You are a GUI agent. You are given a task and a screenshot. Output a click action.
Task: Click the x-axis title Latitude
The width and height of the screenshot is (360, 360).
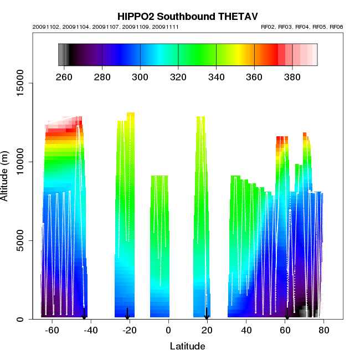[187, 346]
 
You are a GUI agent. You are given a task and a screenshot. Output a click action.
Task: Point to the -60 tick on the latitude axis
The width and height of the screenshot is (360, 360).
[52, 331]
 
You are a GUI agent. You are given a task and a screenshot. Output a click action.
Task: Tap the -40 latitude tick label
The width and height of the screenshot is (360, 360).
[91, 331]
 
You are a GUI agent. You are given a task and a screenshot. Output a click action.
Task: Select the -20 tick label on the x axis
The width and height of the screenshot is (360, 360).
[130, 331]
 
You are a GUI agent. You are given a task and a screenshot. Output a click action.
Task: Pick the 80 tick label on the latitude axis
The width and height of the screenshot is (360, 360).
[324, 331]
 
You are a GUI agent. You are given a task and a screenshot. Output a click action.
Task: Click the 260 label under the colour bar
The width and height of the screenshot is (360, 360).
[64, 77]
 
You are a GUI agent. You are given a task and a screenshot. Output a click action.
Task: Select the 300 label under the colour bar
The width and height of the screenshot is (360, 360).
[140, 77]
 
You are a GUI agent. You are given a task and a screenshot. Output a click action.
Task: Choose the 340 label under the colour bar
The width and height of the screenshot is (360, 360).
[216, 77]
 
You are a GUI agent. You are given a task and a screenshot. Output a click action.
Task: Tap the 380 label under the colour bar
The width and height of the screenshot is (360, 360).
[292, 77]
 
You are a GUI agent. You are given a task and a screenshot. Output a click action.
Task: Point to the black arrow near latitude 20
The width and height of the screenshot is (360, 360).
[207, 314]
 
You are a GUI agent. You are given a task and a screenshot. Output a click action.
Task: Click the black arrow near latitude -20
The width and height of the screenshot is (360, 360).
[127, 314]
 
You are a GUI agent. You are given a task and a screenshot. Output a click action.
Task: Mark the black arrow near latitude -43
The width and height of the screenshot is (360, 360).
[84, 313]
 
